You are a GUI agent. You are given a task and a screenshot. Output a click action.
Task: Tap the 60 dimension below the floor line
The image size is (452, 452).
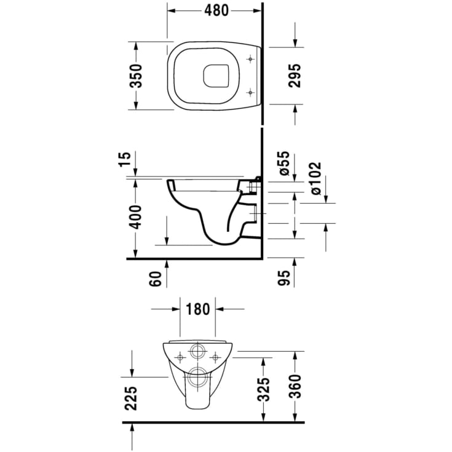coord(156,280)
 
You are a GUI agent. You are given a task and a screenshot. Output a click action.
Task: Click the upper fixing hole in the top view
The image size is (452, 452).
coord(250,59)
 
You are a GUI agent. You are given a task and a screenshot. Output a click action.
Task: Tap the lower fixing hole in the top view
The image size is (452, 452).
coord(250,92)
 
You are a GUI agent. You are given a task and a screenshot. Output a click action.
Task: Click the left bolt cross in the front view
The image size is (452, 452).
coord(179,357)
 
